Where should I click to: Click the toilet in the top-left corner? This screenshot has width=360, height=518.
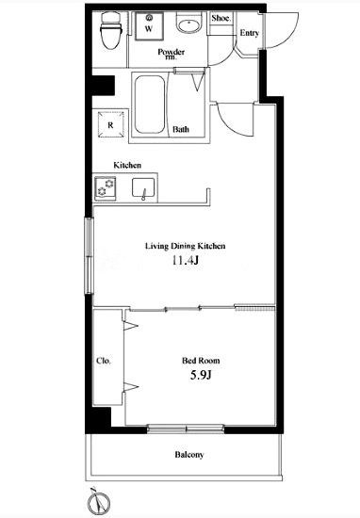point(110,31)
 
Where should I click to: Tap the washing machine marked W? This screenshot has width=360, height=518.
point(149,26)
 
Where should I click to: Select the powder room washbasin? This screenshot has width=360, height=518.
point(188,24)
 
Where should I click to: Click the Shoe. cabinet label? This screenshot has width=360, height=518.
point(221,18)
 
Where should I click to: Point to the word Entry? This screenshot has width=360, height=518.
point(249,33)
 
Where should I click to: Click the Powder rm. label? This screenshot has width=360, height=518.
point(172,54)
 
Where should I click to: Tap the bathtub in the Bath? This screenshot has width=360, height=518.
point(150,105)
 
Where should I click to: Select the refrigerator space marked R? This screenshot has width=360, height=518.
point(111,125)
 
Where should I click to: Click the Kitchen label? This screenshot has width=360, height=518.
point(127,165)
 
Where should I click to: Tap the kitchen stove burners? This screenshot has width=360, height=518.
point(106,188)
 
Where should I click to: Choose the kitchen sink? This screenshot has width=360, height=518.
point(143,188)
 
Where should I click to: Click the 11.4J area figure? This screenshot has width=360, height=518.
point(185,261)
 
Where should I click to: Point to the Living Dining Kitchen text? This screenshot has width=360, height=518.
point(186,246)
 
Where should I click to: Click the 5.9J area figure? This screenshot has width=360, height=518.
point(201,375)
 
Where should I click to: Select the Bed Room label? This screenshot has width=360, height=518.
point(201,361)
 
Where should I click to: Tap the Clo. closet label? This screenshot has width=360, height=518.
point(104,361)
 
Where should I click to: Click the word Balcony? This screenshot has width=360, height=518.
point(189,455)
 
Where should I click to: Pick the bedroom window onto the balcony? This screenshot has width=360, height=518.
point(186,429)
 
